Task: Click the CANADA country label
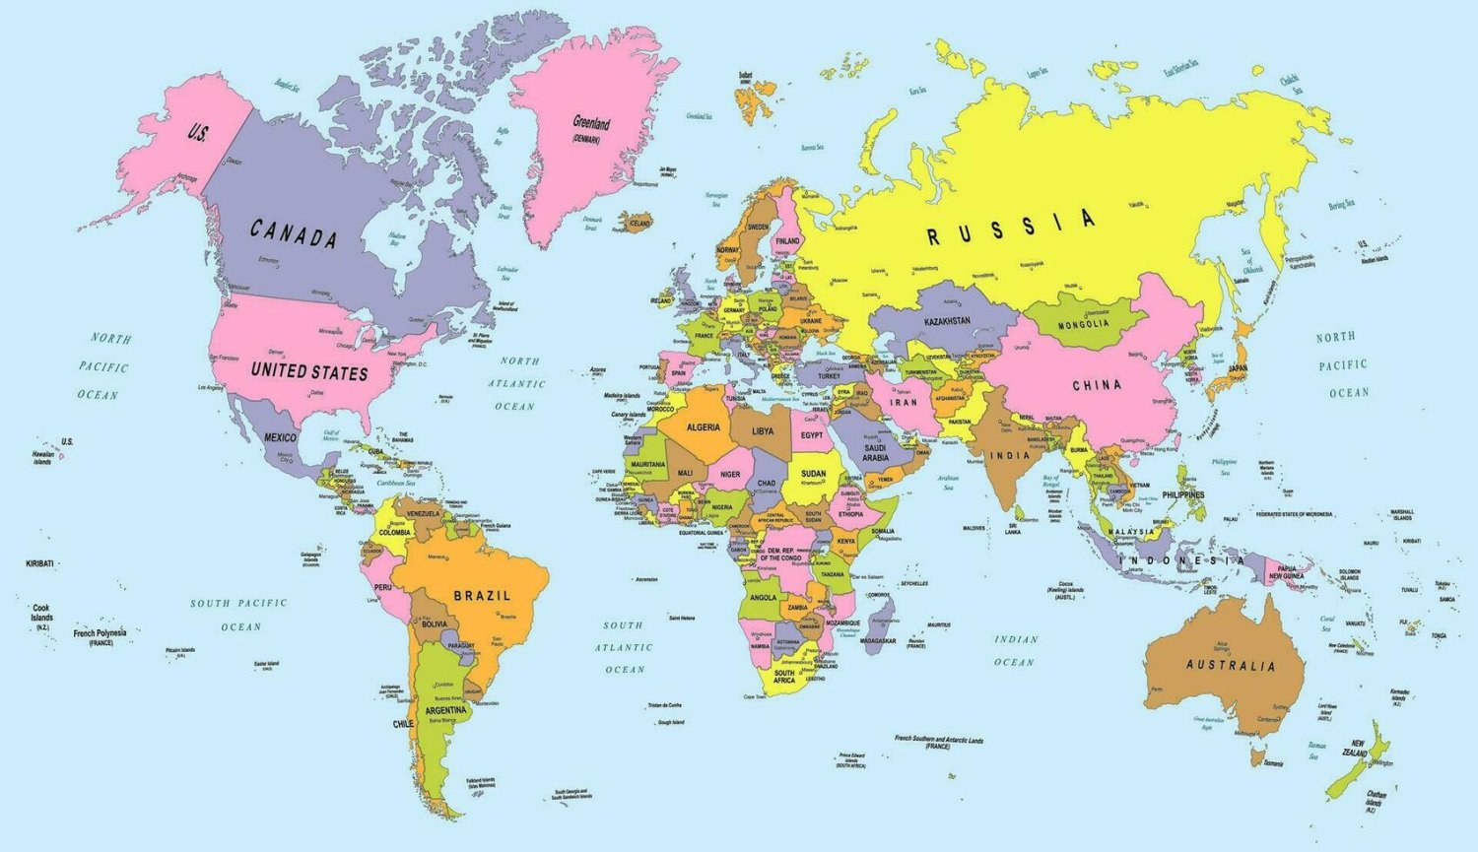click(x=293, y=234)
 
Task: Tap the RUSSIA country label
click(x=1011, y=228)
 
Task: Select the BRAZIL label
click(x=482, y=596)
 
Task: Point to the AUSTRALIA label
click(x=1230, y=666)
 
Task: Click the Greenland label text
click(x=591, y=124)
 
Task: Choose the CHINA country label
click(x=1097, y=385)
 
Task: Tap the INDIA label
click(x=1010, y=455)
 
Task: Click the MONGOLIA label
click(x=1083, y=325)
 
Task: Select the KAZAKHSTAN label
click(x=947, y=321)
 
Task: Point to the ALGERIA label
click(x=703, y=427)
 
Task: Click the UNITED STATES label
click(x=308, y=372)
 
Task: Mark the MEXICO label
click(x=280, y=437)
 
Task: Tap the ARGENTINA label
click(x=445, y=710)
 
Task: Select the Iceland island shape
click(x=637, y=221)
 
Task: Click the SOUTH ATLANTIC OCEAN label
click(x=624, y=647)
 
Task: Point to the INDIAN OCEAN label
click(x=1015, y=650)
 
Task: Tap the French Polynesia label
click(x=100, y=633)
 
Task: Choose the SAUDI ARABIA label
click(x=875, y=452)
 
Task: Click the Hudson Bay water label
click(x=396, y=238)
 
